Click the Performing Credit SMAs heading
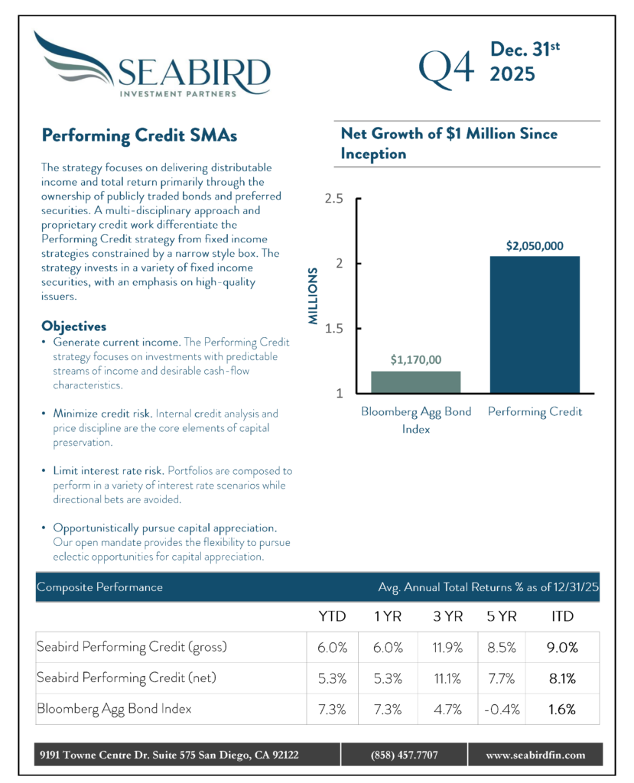point(139,135)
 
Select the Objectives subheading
point(73,327)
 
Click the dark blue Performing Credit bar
point(535,324)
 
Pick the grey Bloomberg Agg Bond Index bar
point(416,382)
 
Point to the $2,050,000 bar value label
point(535,246)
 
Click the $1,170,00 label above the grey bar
point(416,359)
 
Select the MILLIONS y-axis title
point(314,296)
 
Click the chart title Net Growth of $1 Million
point(449,143)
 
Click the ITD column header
point(562,616)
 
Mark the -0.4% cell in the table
point(502,709)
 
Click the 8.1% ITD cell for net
point(562,677)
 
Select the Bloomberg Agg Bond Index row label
point(114,709)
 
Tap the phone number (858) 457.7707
point(403,755)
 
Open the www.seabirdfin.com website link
point(535,755)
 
